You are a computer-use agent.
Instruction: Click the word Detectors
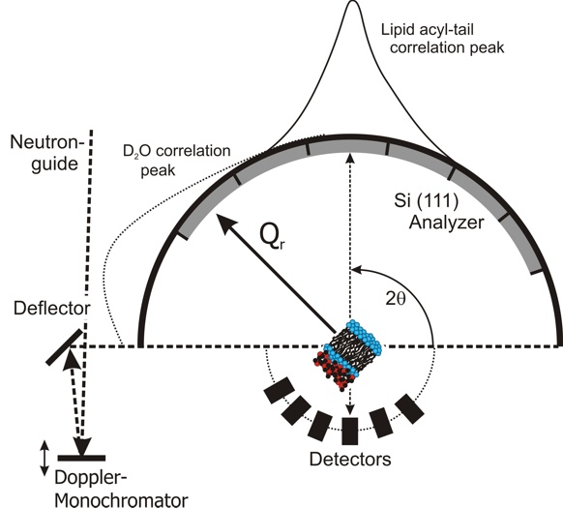click(350, 459)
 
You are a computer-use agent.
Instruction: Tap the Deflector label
click(51, 309)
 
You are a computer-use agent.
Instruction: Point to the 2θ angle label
click(396, 299)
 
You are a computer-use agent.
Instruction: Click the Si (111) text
click(427, 200)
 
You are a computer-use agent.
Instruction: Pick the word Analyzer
click(447, 223)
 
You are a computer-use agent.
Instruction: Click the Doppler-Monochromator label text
click(121, 489)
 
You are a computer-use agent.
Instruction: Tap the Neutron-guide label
click(47, 153)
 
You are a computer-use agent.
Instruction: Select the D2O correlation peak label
click(176, 161)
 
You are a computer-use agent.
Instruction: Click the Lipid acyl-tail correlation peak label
click(443, 39)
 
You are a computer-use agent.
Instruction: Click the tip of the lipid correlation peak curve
click(353, 1)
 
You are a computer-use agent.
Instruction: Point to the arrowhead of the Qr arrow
click(225, 223)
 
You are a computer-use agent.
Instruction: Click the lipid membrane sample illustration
click(347, 354)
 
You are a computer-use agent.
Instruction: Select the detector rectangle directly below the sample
click(350, 432)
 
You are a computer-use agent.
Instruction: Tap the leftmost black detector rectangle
click(280, 390)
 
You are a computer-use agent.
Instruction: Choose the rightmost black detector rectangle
click(410, 408)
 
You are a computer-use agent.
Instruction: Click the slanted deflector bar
click(65, 347)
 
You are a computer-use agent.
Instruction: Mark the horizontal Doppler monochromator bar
click(81, 458)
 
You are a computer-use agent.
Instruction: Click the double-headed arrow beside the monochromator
click(44, 458)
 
